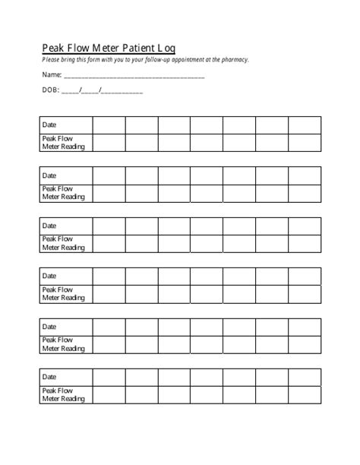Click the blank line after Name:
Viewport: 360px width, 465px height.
[134, 77]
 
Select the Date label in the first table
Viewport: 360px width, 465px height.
[49, 125]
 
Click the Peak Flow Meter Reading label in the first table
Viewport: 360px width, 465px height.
[63, 142]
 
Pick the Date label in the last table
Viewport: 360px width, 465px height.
[49, 377]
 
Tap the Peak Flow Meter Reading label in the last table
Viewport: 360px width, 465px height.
[63, 394]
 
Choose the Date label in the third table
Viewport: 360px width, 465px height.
[49, 226]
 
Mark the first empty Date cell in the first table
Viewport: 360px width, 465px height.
[109, 125]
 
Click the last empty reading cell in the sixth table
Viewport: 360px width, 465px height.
[305, 394]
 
